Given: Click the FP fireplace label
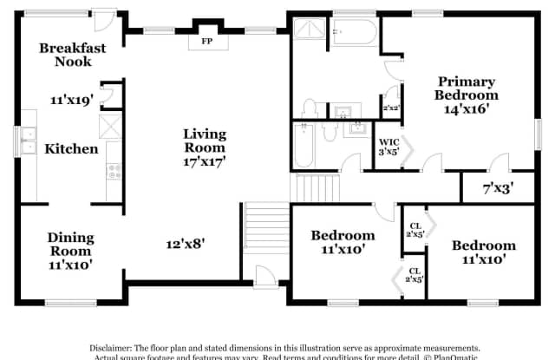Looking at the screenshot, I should (x=207, y=41).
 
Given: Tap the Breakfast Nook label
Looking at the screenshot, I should (x=73, y=55).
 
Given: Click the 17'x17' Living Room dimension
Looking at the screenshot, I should (x=205, y=162).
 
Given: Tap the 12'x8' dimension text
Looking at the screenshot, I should (x=186, y=244).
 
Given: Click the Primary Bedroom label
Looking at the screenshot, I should (x=467, y=88).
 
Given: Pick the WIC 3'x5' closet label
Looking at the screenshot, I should (x=388, y=148).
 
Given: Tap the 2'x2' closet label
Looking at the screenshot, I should (x=391, y=108).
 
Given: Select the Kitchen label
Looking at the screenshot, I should (x=72, y=148).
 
